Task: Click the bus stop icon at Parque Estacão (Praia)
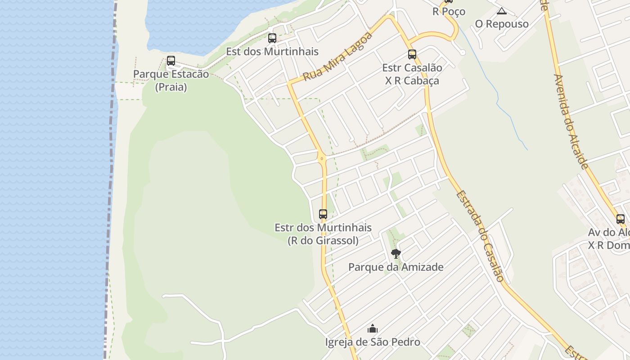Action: pyautogui.click(x=171, y=61)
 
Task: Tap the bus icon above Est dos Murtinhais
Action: pyautogui.click(x=272, y=38)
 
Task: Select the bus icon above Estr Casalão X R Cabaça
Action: pyautogui.click(x=412, y=54)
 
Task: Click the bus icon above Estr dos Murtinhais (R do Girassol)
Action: pyautogui.click(x=323, y=214)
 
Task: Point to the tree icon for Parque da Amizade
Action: pyautogui.click(x=396, y=254)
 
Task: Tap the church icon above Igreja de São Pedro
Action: pyautogui.click(x=373, y=329)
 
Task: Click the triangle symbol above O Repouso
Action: pyautogui.click(x=501, y=11)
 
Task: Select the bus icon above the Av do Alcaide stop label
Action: pyautogui.click(x=621, y=219)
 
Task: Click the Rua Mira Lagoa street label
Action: pyautogui.click(x=338, y=57)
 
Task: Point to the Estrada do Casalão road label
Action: pyautogui.click(x=480, y=236)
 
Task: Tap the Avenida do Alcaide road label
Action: pyautogui.click(x=571, y=121)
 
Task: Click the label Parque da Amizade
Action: pyautogui.click(x=396, y=267)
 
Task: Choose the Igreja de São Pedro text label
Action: pyautogui.click(x=373, y=342)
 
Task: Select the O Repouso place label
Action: pyautogui.click(x=501, y=24)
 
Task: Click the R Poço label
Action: pyautogui.click(x=449, y=11)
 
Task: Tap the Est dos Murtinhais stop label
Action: pyautogui.click(x=272, y=52)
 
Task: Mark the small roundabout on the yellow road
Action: pyautogui.click(x=321, y=158)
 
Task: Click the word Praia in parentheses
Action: pyautogui.click(x=171, y=87)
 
